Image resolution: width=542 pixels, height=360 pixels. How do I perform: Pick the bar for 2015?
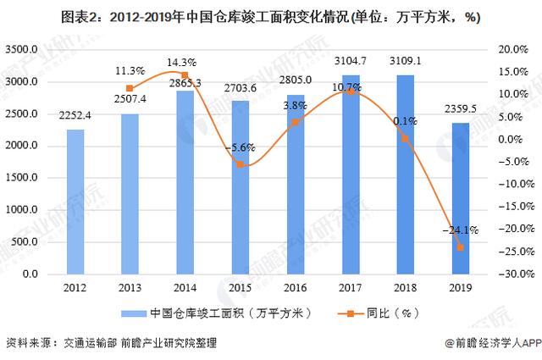pos(241,187)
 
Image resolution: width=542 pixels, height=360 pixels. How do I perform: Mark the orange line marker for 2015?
pos(241,163)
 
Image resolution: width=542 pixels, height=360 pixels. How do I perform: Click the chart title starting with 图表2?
pos(271,14)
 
